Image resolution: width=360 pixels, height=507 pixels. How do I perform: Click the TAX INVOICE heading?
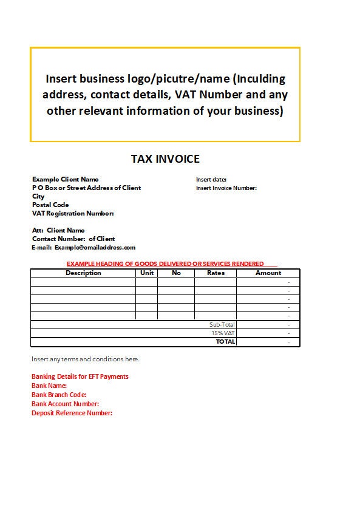[165, 159]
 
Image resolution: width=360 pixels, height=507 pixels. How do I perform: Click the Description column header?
[83, 273]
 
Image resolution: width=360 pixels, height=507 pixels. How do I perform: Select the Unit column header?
[146, 273]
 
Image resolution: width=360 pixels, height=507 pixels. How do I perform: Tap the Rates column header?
[216, 273]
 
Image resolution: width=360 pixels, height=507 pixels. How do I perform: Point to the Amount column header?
[268, 273]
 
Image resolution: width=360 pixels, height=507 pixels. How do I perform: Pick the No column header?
[176, 273]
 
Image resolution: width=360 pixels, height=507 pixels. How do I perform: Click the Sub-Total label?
[222, 325]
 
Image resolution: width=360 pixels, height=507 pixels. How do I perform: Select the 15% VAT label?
[223, 333]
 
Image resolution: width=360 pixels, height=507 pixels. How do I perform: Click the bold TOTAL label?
[225, 342]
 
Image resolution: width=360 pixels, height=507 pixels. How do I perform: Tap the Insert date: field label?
[211, 180]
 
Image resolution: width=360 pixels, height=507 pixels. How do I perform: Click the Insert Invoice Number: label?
[226, 188]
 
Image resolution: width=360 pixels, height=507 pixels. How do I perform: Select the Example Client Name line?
[65, 180]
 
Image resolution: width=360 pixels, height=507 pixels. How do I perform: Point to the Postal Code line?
[50, 205]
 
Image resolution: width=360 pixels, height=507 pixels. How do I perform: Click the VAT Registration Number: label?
[73, 214]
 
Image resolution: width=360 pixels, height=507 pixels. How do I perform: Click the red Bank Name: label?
[49, 386]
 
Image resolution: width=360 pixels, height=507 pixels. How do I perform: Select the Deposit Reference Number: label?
[72, 413]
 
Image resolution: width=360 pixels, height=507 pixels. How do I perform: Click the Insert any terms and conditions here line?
[85, 359]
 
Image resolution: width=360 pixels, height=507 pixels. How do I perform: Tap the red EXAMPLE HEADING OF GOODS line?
[165, 264]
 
